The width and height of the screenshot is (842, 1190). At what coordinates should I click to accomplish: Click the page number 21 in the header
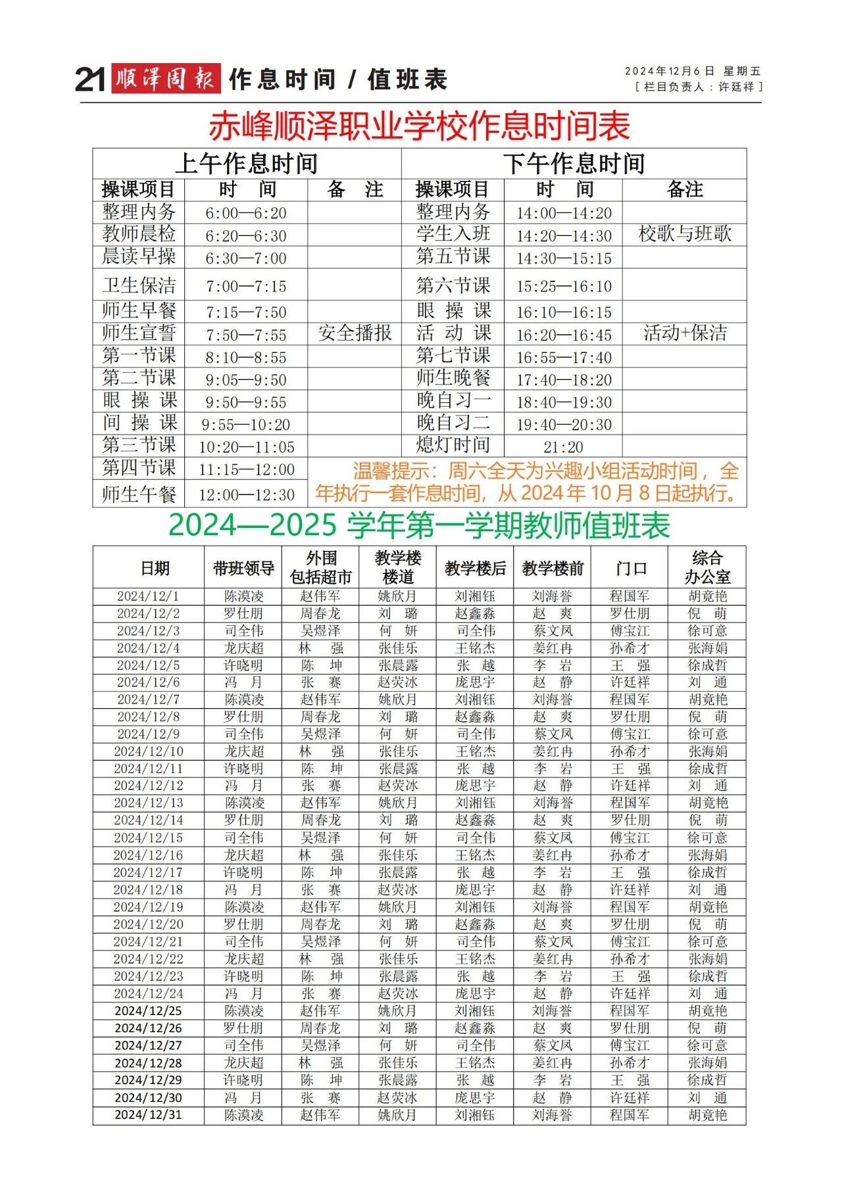pos(90,80)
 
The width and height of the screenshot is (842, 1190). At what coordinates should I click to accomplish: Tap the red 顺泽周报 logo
pos(165,79)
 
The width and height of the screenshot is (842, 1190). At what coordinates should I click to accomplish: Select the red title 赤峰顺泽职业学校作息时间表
pos(420,126)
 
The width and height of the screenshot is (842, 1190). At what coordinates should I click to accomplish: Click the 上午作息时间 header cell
pos(247,163)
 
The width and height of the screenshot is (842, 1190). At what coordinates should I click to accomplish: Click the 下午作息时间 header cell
pos(574,163)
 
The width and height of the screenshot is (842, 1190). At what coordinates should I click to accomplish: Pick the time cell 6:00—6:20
pos(246,213)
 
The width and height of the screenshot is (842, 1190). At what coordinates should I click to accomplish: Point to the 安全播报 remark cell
pos(355,333)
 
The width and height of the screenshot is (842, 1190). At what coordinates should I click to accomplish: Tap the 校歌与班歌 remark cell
pos(685,234)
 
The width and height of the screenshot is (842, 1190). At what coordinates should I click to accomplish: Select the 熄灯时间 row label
pos(453,445)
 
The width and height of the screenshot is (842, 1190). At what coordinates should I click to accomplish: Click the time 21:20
pos(563,447)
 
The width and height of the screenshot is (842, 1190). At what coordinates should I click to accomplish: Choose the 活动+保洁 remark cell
pos(685,333)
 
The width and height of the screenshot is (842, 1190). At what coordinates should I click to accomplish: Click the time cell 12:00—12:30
pos(246,494)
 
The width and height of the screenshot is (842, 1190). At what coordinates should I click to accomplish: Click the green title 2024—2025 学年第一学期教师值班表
pos(419,525)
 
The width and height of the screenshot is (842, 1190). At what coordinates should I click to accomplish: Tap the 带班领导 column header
pos(243,568)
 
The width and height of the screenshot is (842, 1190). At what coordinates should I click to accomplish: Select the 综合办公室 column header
pos(707,568)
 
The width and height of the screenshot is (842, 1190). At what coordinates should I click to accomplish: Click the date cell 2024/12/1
pos(148,596)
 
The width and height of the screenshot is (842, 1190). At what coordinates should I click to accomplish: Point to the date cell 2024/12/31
pos(148,1115)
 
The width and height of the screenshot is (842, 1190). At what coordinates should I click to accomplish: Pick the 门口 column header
pos(630,568)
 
